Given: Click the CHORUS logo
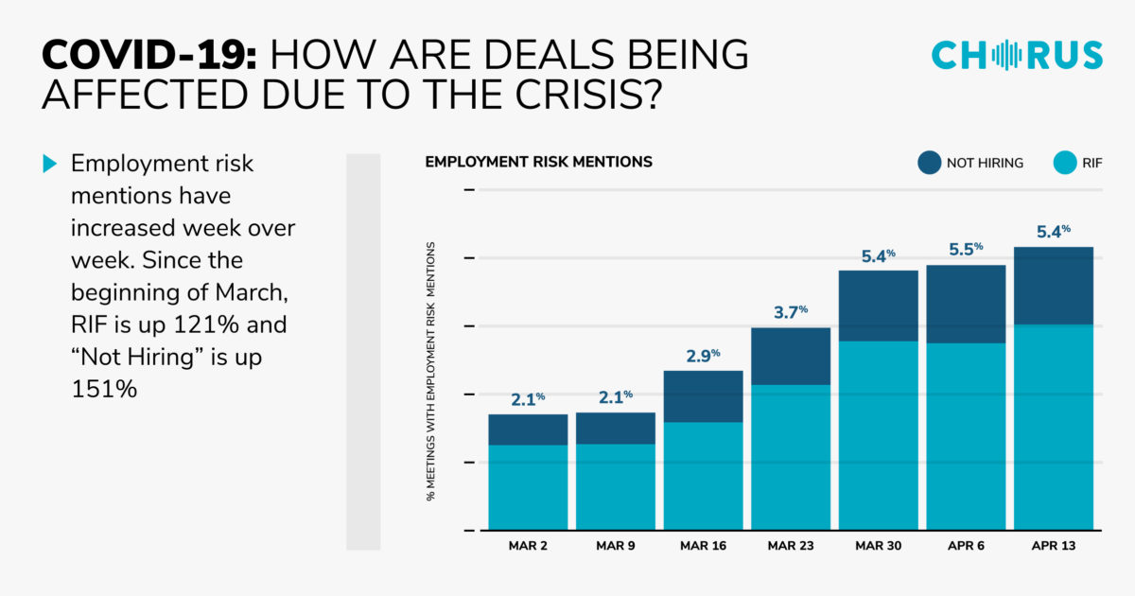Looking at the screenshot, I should tap(1017, 55).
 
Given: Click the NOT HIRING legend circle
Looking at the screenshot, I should tap(930, 163).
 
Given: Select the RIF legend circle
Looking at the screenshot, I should tap(1065, 163).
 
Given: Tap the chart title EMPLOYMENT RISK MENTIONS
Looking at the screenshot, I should tap(538, 162).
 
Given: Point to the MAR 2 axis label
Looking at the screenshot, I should tap(528, 546).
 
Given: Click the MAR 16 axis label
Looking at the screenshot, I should tap(703, 546).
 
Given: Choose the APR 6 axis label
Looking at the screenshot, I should tap(966, 546).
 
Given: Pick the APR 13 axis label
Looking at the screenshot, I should tap(1054, 546).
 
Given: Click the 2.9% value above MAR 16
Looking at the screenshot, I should tap(703, 357).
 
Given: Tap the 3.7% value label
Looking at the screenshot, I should tap(791, 313).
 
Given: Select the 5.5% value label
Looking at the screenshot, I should tap(966, 250).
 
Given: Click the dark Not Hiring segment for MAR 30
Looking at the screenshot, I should tap(878, 306).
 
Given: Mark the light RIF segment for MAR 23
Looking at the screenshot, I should tap(791, 456).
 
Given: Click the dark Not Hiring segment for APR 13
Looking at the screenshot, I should tap(1054, 286).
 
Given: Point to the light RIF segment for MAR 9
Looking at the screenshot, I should tap(616, 486).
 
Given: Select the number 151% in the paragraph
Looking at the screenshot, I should tap(105, 390).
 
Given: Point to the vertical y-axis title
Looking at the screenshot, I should tap(430, 370).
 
